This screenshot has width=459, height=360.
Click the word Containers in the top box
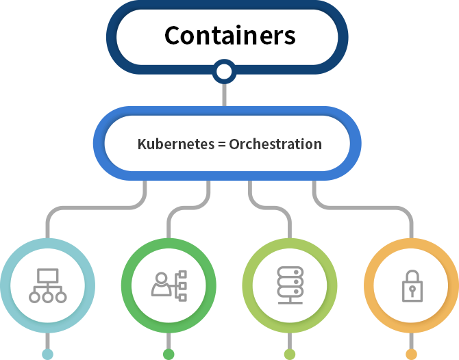pos(230,36)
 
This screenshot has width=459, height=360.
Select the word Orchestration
pos(275,144)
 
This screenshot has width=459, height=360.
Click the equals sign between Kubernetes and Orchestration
pos(222,144)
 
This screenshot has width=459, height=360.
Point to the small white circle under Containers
pos(223,71)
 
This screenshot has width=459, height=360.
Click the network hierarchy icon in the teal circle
pos(47,285)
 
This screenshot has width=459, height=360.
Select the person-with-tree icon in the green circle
pos(169,285)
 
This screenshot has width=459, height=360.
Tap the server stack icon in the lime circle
pos(290,285)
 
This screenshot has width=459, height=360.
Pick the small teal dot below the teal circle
pos(47,354)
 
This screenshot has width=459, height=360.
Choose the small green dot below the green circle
pos(169,354)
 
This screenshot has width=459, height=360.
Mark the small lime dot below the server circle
pos(290,354)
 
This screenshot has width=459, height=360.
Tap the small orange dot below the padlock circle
pos(411,354)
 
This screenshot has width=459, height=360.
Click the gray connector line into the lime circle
pos(269,207)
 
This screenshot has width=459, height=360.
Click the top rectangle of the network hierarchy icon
pos(47,275)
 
